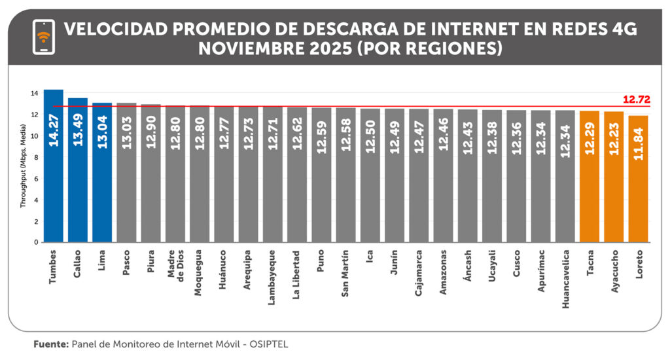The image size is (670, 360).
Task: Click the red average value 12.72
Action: click(x=636, y=99)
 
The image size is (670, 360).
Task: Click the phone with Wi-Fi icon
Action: click(x=44, y=37)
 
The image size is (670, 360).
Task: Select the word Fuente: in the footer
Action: click(x=51, y=344)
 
